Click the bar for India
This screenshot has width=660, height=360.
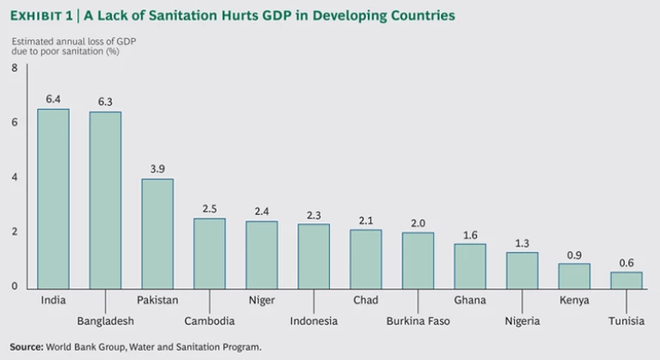53,198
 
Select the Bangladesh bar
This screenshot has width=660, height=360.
105,200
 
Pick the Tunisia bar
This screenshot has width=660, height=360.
626,280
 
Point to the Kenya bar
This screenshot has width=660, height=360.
574,276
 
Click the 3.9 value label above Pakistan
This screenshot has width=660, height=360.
157,169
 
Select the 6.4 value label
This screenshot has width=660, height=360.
53,99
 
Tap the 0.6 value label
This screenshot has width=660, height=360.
626,263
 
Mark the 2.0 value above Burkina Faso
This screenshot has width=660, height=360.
418,223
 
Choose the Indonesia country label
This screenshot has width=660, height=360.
314,321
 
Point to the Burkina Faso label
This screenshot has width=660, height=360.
418,321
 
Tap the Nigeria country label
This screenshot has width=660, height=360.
522,321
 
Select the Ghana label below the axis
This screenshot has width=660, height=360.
470,301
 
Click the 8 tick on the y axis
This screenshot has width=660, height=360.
15,68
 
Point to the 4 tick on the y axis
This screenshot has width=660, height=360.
15,177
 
